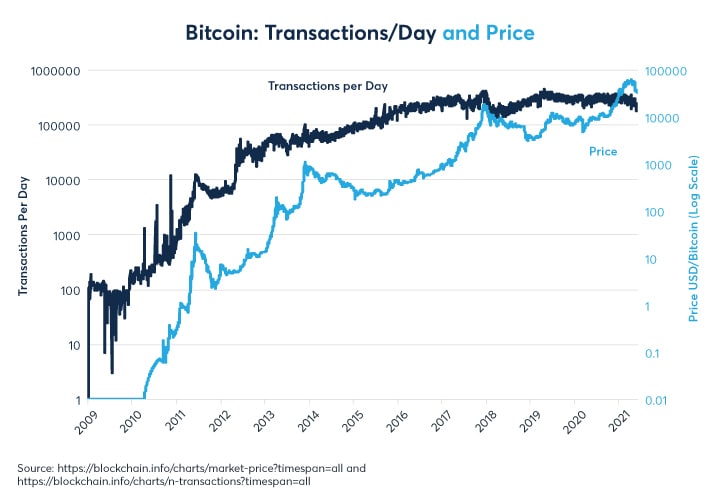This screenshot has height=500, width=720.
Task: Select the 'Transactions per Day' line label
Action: [x=327, y=86]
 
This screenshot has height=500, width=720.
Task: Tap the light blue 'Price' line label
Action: [x=603, y=152]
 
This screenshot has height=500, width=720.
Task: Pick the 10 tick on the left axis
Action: [x=68, y=345]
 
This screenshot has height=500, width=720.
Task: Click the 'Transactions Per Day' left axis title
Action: [x=22, y=236]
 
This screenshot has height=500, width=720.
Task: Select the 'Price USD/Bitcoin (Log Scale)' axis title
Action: [x=696, y=236]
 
